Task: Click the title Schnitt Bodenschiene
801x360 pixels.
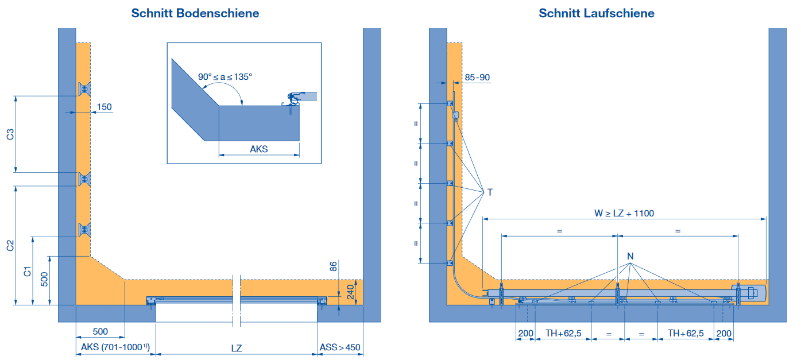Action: tap(195, 13)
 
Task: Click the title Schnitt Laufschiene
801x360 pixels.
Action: tap(597, 13)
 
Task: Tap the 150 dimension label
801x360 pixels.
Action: tap(104, 107)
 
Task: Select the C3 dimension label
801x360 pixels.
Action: tap(10, 134)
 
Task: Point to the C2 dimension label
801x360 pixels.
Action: tap(10, 246)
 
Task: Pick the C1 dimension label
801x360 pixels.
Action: tap(27, 272)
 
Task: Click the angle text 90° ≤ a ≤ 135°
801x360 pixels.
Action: tap(225, 77)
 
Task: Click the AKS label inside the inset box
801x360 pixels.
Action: tap(259, 149)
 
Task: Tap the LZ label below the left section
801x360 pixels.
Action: tap(237, 348)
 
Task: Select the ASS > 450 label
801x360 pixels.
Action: tap(340, 347)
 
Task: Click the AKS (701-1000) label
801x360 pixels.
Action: tap(115, 347)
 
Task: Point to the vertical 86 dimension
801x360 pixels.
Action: tap(333, 266)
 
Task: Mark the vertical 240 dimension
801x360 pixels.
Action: tap(350, 292)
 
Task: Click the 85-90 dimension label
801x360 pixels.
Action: tap(477, 77)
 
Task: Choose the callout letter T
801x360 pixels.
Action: tap(490, 192)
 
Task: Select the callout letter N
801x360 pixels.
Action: tap(630, 256)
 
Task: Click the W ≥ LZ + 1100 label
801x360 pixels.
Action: tap(624, 214)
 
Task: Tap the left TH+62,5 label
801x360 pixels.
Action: tap(563, 333)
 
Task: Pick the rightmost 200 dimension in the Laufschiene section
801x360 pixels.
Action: tap(723, 334)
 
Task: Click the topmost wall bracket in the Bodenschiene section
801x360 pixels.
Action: tap(84, 89)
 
